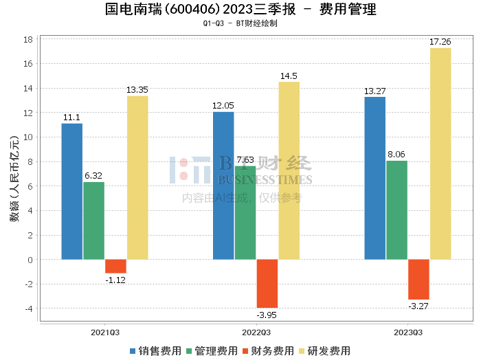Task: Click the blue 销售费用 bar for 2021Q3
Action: click(x=72, y=191)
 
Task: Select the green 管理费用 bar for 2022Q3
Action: click(x=245, y=212)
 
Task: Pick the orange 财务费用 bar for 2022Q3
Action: click(x=267, y=283)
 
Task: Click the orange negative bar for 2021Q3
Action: click(x=115, y=267)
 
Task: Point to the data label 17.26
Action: click(x=440, y=42)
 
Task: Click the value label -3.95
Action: click(x=267, y=315)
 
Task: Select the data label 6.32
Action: click(x=93, y=176)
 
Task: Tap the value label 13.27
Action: click(x=375, y=91)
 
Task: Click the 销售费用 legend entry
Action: click(x=155, y=350)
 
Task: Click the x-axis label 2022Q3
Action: click(x=256, y=332)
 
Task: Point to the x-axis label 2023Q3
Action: click(x=407, y=332)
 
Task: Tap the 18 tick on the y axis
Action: click(x=29, y=40)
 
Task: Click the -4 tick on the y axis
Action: click(x=29, y=308)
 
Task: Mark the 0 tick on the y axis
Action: click(x=30, y=260)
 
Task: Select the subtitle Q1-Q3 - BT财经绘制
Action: click(x=240, y=23)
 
